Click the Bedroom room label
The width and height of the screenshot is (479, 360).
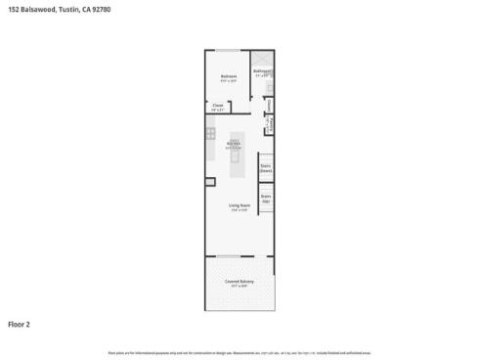coord(228,76)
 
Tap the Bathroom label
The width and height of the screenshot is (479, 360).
coord(262,70)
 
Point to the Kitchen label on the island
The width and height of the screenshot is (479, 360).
coord(234,143)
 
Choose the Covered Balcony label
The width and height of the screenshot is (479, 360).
coord(239,282)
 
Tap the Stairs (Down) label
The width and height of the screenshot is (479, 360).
coord(265,167)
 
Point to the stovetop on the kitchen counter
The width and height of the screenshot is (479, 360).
coord(210,132)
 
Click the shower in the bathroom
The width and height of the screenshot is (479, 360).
coord(262,58)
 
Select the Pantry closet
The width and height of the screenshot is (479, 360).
coord(271,123)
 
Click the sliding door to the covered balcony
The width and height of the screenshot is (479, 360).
coord(229,257)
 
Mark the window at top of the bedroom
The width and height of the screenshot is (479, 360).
coord(227,50)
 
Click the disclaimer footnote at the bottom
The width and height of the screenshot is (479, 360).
coord(239,350)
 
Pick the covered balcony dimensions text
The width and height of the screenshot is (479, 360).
coord(239,287)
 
